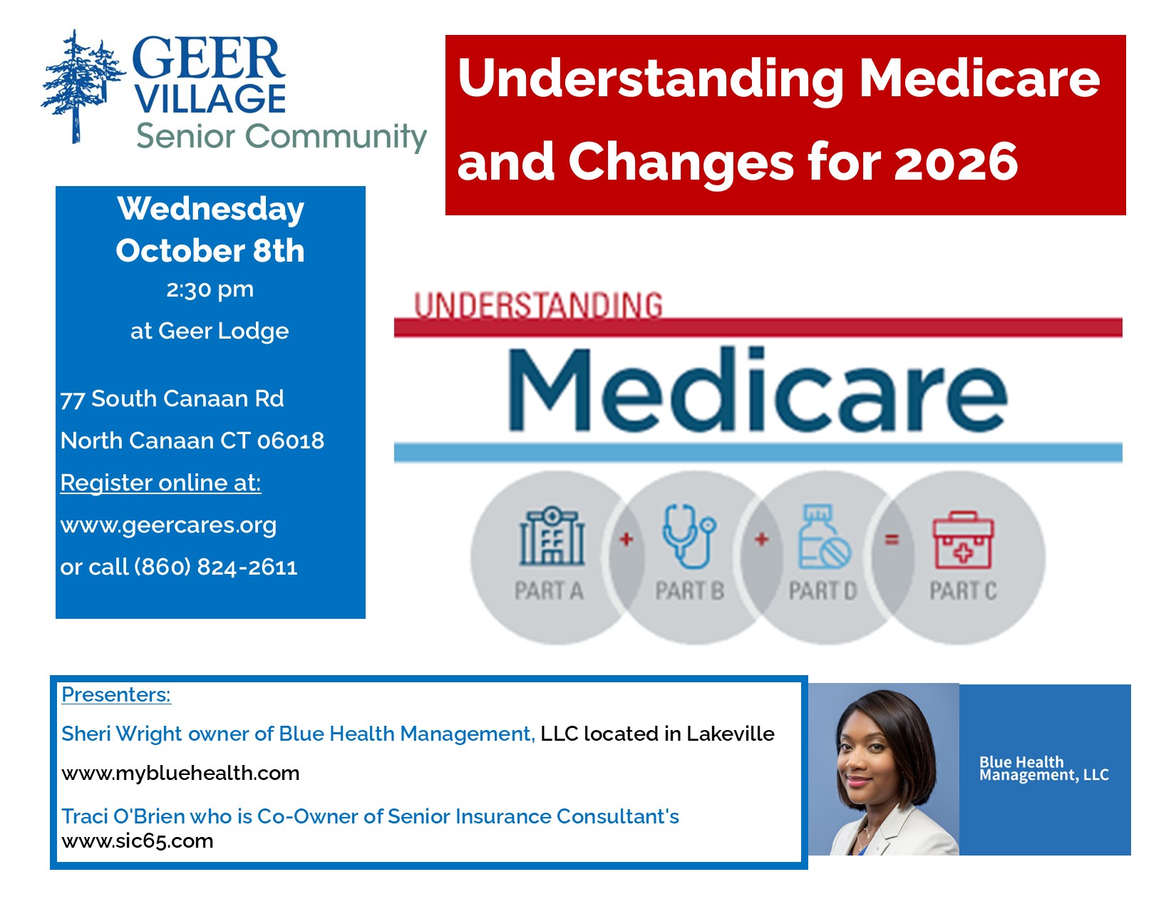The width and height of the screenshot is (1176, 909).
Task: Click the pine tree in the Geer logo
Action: coord(82,87)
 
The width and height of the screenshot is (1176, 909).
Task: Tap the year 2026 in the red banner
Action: coord(956,161)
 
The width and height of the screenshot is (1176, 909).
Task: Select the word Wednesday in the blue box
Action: coord(210,210)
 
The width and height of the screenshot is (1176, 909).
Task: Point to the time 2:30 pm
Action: coord(210,290)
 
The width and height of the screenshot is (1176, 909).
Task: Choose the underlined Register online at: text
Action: coord(161,483)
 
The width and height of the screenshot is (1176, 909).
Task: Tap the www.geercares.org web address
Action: coord(168,525)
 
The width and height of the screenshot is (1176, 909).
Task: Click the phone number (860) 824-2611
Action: coord(216,568)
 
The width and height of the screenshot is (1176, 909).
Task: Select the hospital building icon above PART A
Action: coord(552,536)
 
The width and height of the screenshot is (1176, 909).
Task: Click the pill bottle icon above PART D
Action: coord(824,537)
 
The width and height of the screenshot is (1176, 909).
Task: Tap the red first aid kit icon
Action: coord(963,540)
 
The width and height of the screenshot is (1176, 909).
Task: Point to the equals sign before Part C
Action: coord(892,540)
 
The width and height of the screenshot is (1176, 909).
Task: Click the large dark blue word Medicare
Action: coord(757,390)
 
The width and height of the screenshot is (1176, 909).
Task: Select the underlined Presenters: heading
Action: coord(116,694)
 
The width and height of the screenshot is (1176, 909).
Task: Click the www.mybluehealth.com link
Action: coord(180,773)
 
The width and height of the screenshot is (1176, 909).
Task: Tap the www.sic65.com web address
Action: coord(138,841)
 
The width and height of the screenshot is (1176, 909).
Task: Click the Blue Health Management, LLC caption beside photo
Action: coord(1044,769)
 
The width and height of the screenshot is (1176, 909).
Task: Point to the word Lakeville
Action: coord(731,734)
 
